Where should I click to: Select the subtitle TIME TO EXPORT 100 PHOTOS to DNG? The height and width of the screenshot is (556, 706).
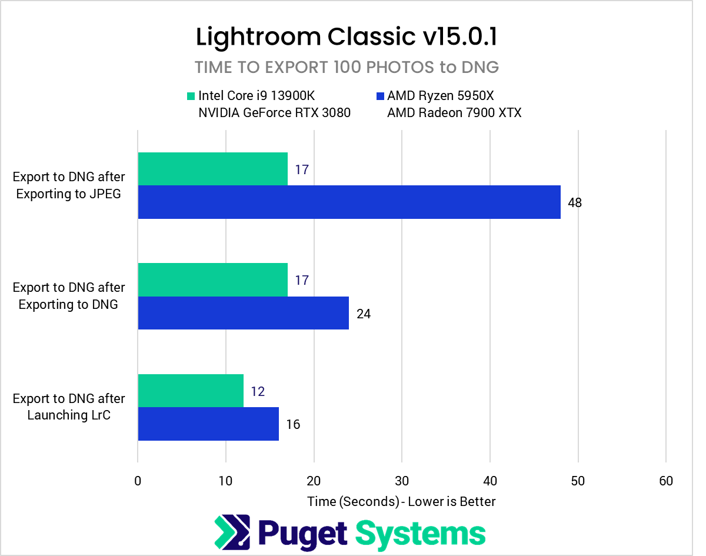pos(347,68)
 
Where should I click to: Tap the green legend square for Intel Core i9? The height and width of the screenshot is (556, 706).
pos(190,96)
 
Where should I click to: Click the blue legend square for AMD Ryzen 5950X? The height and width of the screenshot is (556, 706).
pos(379,96)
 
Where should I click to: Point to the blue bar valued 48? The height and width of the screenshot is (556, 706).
pos(349,202)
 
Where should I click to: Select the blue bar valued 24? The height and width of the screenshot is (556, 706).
pos(243,312)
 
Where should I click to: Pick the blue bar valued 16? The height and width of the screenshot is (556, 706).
pos(208,424)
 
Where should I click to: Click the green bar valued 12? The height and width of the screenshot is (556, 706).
pos(191,391)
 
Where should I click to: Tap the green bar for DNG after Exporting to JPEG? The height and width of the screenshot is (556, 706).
pos(212,169)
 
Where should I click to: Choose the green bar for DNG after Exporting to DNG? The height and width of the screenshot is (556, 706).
pos(212,279)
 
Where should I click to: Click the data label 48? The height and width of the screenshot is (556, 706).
pos(575,203)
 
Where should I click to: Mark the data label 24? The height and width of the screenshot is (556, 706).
pos(364,314)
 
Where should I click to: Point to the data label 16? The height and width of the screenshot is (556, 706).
pos(293,424)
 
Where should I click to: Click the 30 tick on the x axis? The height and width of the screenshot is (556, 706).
pos(402,481)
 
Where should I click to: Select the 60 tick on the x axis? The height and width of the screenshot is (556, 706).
pos(666,481)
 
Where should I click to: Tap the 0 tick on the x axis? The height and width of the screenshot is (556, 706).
pos(138,481)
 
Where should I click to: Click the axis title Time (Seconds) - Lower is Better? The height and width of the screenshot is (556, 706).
pos(401,501)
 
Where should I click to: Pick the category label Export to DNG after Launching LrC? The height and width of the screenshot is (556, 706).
pos(69,407)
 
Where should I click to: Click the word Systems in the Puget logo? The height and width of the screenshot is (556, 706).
pos(421,533)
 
